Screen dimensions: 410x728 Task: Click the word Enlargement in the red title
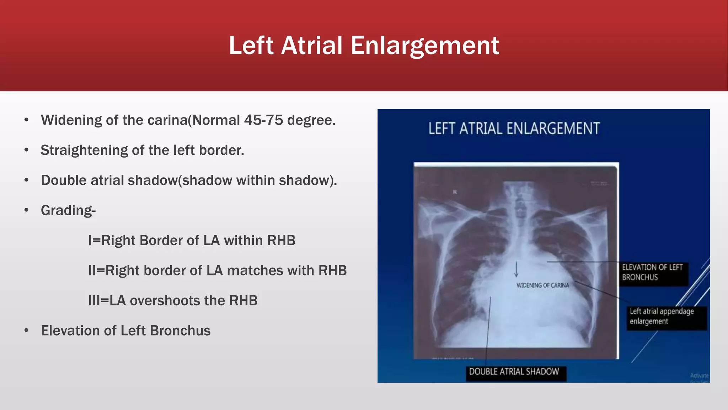[x=425, y=46]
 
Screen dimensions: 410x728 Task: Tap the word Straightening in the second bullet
[x=84, y=151]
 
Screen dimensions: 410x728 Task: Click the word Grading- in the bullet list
[x=68, y=211]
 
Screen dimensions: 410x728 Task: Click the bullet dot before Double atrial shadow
[x=26, y=180]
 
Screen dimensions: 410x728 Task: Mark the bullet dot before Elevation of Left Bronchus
[x=26, y=331]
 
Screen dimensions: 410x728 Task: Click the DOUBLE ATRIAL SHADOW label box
[x=514, y=372]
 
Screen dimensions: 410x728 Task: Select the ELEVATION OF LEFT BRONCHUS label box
[x=652, y=272]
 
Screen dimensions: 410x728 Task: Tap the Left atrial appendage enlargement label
[x=662, y=316]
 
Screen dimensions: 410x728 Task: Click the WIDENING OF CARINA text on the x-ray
[x=542, y=285]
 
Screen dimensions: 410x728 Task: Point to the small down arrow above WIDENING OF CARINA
[x=516, y=270]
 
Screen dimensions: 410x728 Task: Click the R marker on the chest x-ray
[x=455, y=192]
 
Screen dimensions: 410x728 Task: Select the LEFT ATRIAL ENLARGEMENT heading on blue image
[x=514, y=129]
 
